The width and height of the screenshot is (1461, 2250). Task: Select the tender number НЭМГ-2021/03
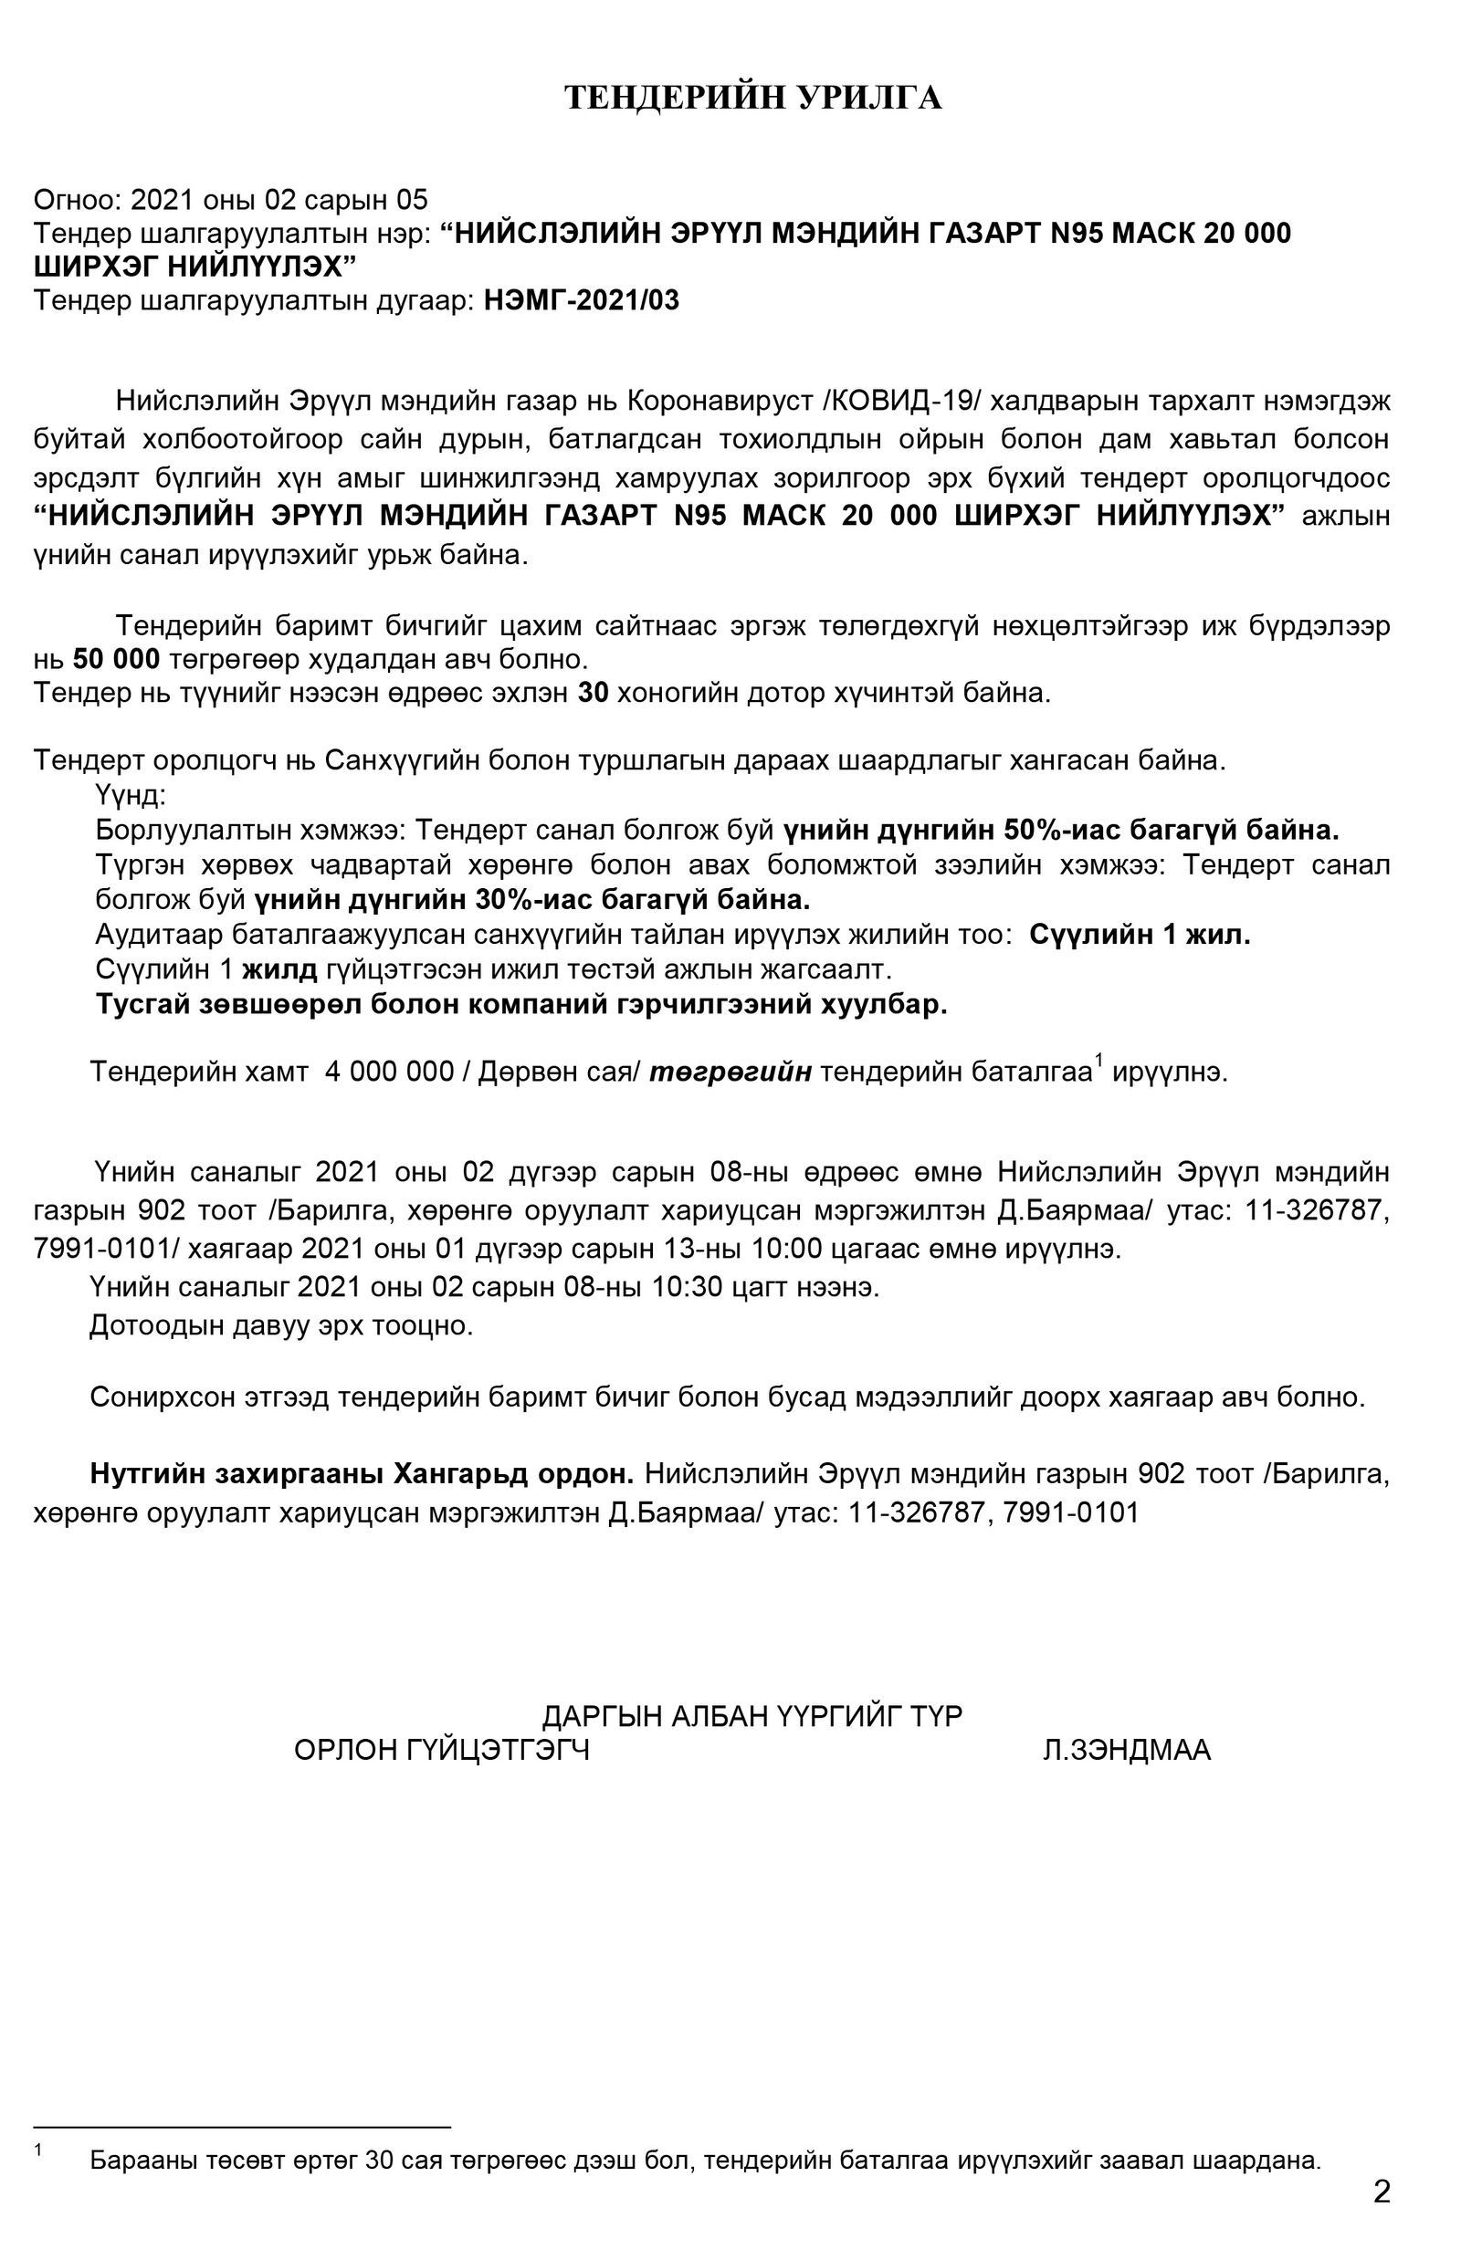point(582,300)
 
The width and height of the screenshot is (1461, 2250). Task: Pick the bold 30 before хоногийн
point(593,693)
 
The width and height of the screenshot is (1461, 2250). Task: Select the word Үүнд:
point(131,795)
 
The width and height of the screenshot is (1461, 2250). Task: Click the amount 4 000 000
point(389,1072)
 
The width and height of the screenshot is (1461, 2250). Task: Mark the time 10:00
point(787,1249)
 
